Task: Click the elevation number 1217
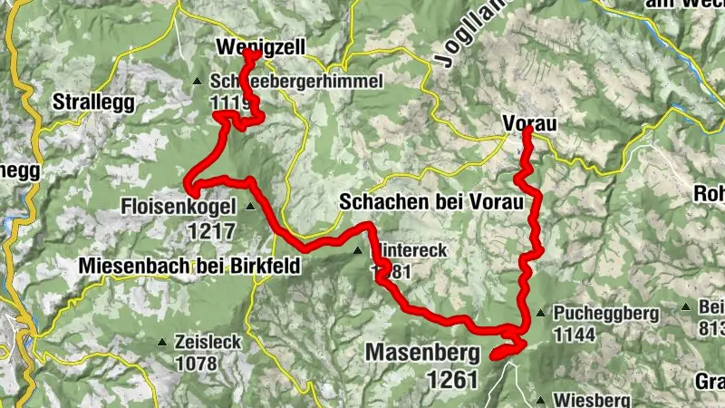tap(212, 230)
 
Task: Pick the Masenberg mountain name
tap(421, 350)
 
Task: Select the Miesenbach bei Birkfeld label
tap(188, 267)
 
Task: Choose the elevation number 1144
tap(576, 335)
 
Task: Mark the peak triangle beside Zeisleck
tap(162, 343)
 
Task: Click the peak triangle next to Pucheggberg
tap(541, 314)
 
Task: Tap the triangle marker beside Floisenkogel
tap(250, 207)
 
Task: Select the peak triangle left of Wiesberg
tap(541, 400)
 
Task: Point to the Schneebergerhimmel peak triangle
tap(198, 82)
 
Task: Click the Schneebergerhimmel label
tap(297, 81)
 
